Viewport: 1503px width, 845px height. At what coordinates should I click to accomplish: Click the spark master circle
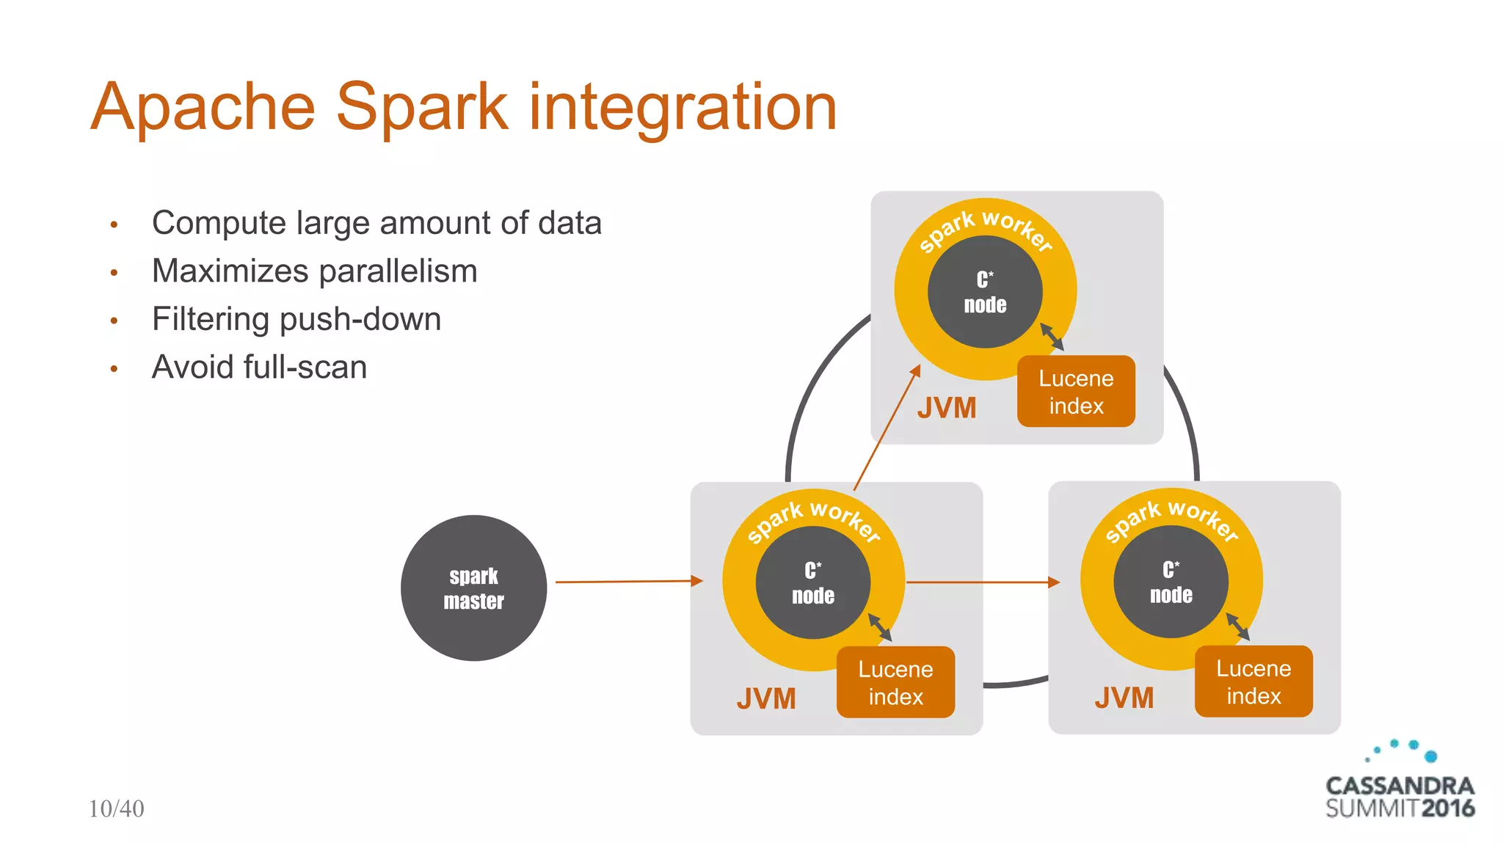[473, 588]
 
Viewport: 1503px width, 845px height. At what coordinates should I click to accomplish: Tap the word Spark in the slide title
[422, 107]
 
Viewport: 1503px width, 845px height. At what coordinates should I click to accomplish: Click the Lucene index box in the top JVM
[1076, 392]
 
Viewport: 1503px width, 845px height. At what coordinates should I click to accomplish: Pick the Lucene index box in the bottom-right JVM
[1253, 681]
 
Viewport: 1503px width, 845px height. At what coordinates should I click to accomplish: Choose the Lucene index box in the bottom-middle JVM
[895, 682]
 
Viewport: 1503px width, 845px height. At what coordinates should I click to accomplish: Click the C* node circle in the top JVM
[985, 292]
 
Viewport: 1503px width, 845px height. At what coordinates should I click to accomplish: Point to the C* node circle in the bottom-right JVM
[1171, 582]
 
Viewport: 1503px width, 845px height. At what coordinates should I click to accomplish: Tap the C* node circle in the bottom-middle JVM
[813, 582]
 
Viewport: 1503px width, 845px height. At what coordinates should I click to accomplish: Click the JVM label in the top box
[947, 408]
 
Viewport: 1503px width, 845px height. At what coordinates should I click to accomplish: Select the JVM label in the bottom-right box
[1124, 698]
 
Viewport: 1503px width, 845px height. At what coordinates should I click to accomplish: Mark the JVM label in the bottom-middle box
[766, 698]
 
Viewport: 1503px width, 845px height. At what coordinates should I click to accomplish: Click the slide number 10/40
[116, 808]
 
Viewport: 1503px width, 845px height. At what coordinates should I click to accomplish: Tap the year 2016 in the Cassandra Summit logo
[1447, 808]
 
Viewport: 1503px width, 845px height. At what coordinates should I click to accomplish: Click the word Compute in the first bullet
[219, 223]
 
